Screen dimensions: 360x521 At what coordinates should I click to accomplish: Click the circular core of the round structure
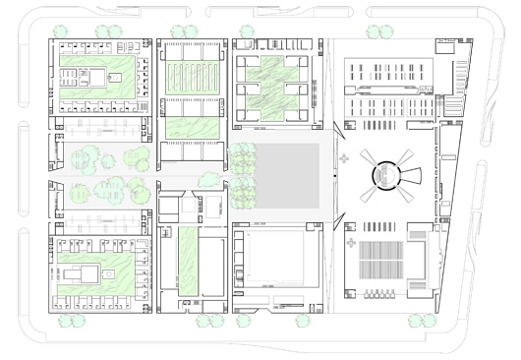click(386, 174)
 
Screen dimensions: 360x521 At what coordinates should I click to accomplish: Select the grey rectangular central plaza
click(285, 175)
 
